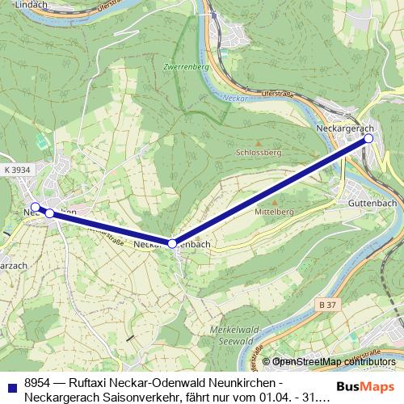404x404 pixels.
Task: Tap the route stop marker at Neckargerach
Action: pos(368,139)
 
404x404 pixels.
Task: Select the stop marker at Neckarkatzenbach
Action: pos(172,242)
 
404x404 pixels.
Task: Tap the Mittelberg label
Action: pos(273,211)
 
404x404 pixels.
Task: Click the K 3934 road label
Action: pos(17,170)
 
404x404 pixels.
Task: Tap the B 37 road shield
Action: pos(326,304)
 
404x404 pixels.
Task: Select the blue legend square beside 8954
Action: pos(9,384)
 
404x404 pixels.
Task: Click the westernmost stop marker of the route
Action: pos(35,207)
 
